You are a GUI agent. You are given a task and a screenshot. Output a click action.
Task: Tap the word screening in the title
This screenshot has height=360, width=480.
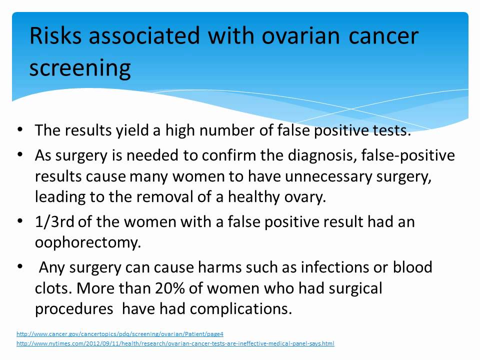[x=80, y=68]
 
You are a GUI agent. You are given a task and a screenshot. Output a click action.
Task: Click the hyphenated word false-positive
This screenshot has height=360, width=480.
[x=411, y=155]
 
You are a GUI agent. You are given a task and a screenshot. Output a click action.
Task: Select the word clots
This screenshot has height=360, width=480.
[x=52, y=288]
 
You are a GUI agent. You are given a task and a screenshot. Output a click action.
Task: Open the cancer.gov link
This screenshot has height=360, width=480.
[x=120, y=333]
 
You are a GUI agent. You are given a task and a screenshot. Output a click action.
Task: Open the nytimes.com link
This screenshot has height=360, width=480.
[x=175, y=343]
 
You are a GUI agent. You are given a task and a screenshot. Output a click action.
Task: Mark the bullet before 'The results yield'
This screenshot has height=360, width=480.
[x=20, y=129]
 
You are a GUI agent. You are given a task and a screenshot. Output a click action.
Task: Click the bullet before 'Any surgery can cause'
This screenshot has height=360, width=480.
[x=20, y=266]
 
